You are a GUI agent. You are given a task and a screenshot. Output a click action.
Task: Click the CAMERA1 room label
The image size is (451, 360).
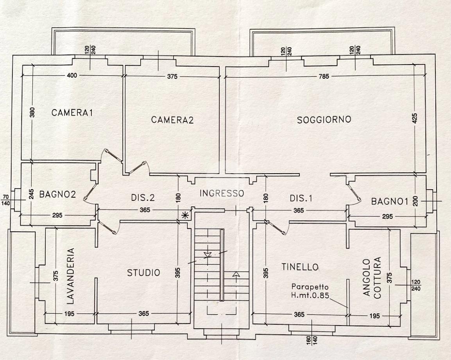[72, 113]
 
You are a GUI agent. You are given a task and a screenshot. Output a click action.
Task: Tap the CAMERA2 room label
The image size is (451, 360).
[172, 120]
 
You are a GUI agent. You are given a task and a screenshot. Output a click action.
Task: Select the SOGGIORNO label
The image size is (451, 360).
[324, 119]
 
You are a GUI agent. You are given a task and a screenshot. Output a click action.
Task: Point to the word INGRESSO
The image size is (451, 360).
[222, 193]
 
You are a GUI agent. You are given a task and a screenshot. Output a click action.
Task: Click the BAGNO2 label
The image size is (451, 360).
[57, 194]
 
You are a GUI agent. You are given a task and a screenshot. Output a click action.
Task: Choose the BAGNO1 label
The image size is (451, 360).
[389, 202]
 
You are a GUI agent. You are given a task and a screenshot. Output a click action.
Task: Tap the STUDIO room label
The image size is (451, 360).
[143, 272]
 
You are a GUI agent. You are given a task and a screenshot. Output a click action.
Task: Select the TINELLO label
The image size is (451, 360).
[300, 267]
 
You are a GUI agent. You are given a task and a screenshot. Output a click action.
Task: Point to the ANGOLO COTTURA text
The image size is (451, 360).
[371, 278]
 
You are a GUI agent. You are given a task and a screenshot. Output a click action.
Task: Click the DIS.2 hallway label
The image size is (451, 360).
[143, 198]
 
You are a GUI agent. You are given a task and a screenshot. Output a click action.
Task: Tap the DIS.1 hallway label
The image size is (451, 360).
[301, 198]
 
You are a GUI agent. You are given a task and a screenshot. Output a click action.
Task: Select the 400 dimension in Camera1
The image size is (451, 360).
[72, 76]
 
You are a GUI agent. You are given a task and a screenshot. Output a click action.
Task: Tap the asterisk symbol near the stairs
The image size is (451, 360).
[185, 215]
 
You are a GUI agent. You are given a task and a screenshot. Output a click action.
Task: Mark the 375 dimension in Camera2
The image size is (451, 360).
[172, 77]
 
